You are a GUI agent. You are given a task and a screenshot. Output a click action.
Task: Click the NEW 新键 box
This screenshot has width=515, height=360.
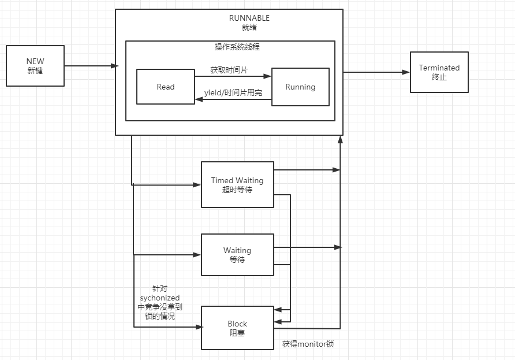pos(35,66)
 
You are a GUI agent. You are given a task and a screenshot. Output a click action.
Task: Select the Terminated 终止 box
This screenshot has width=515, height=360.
pos(439,72)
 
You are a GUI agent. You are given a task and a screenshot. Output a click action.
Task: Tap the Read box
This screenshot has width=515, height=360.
pos(165,87)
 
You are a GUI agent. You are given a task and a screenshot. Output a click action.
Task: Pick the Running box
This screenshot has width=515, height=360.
pos(300,87)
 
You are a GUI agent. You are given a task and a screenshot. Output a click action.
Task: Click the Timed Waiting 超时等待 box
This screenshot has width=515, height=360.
pos(237,184)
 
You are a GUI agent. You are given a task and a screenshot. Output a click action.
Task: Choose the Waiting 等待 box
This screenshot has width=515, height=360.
pos(237,255)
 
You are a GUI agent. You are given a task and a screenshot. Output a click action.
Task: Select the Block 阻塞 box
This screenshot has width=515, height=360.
pos(237,328)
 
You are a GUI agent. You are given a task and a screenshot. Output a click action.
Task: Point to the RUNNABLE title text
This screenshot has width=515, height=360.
pos(249,18)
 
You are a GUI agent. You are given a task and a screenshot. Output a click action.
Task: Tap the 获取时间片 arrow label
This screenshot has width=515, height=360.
pos(229,70)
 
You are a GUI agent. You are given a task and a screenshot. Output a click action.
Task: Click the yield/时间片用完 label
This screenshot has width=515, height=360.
pos(233,92)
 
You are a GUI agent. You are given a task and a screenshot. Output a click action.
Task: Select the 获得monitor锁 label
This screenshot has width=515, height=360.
pos(308,344)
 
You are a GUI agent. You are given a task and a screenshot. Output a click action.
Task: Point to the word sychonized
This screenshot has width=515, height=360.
pos(160,298)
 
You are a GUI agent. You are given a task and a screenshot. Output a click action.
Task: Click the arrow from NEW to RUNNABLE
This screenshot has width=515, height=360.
pos(89,66)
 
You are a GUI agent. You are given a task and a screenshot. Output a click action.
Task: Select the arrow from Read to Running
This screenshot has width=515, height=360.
pos(233,76)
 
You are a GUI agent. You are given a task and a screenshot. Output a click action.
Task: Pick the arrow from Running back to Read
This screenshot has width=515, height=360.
pos(233,99)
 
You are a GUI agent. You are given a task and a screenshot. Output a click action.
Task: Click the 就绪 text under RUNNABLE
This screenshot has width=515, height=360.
pos(249,27)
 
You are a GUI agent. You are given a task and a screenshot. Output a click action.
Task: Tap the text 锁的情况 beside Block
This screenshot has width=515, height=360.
pos(160,316)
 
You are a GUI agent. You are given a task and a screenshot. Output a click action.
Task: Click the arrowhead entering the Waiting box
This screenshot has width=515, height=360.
pos(197,254)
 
